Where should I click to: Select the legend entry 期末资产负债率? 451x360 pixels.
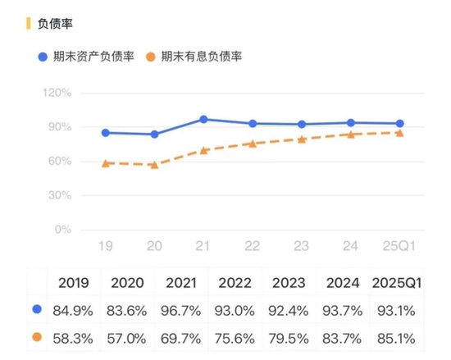click(x=87, y=57)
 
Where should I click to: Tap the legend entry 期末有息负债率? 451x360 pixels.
click(x=201, y=57)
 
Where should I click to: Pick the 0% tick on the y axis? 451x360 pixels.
click(x=64, y=230)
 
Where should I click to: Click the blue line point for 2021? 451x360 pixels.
click(x=203, y=120)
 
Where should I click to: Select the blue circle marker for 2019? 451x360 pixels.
click(x=106, y=133)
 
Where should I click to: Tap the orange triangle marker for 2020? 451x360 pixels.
click(x=154, y=165)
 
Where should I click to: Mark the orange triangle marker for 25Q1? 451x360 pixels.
click(x=399, y=132)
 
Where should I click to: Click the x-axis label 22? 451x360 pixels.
click(x=253, y=245)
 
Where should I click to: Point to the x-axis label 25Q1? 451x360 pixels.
click(x=399, y=245)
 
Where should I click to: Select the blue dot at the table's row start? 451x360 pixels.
click(x=34, y=309)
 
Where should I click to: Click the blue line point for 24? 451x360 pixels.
click(x=351, y=123)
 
